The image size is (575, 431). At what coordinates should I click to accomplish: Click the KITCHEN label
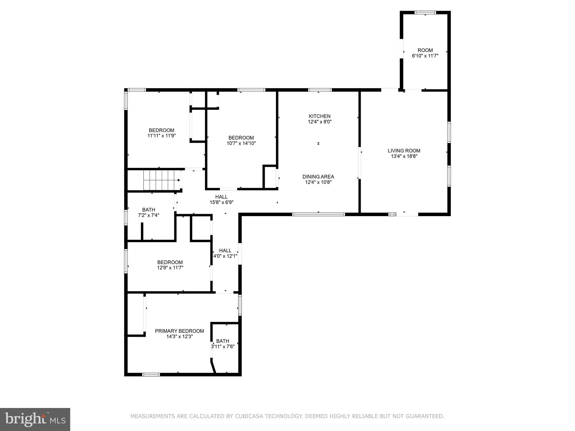(320, 116)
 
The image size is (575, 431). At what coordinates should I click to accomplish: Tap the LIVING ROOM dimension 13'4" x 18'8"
(404, 156)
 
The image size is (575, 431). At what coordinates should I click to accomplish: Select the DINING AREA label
(318, 177)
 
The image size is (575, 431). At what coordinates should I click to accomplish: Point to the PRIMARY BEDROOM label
(179, 331)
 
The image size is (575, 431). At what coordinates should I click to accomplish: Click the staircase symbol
(161, 180)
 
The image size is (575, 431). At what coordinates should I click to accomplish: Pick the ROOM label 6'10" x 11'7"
(425, 51)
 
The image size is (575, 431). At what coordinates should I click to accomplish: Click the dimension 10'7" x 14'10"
(241, 143)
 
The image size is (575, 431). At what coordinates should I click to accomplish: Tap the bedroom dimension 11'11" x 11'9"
(161, 136)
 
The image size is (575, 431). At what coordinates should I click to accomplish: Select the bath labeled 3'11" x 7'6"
(223, 341)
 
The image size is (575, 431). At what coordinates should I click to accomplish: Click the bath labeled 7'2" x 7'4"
(149, 210)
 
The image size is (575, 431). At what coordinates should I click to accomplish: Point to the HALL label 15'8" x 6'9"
(221, 197)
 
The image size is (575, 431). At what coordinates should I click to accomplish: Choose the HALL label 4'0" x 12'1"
(225, 251)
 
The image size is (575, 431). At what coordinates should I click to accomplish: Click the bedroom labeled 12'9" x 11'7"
(170, 262)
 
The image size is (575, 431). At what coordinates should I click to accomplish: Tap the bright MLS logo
(35, 419)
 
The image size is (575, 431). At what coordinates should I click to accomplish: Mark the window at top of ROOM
(425, 13)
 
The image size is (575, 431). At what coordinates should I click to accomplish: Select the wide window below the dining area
(318, 214)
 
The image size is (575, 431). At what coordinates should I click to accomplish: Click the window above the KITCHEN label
(320, 90)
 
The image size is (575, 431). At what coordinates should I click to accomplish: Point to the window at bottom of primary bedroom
(151, 374)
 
